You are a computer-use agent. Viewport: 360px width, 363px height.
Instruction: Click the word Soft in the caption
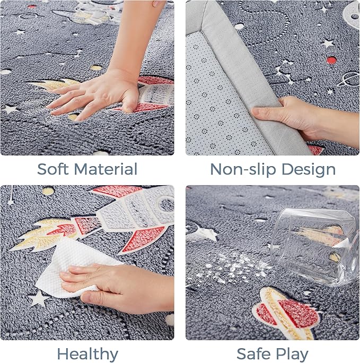coord(53,169)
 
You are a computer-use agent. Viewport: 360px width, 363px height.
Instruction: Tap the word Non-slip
coord(243,170)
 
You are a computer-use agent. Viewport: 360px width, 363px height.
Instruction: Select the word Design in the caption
coord(309,170)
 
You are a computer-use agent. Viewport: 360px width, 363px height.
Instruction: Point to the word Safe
coord(253,354)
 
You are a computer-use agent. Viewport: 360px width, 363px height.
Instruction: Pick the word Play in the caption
coord(292,355)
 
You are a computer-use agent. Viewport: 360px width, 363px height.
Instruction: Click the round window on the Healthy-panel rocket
coord(165,204)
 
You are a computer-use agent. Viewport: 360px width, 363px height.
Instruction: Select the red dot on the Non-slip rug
coord(331,60)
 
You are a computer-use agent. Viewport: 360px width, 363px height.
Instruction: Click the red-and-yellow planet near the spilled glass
coord(287,313)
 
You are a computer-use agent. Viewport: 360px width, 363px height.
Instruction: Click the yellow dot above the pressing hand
coord(96,68)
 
